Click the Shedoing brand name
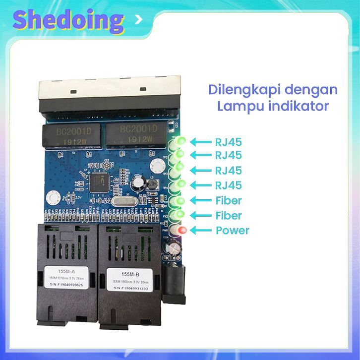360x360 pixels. (x=68, y=21)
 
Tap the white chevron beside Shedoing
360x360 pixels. (x=139, y=20)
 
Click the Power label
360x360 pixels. (x=233, y=231)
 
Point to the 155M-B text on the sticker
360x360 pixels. (x=129, y=274)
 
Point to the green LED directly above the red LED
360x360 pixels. (x=179, y=215)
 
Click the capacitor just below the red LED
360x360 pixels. (x=174, y=248)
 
